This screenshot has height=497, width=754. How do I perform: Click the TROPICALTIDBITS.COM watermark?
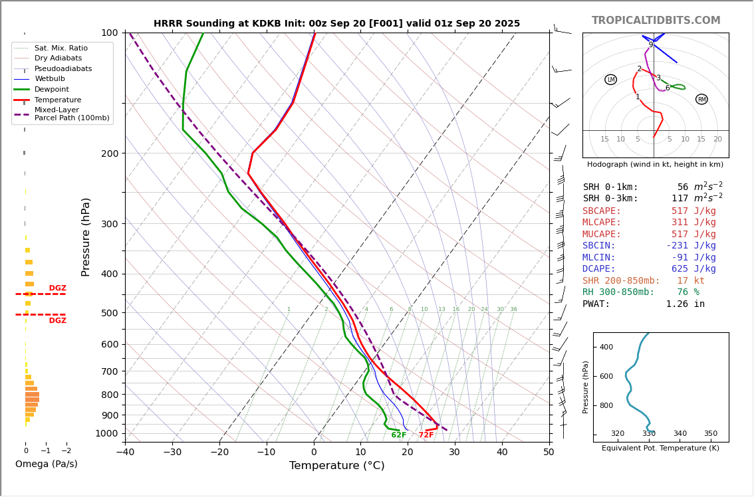pos(656,21)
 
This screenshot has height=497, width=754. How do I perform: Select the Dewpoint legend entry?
pos(52,89)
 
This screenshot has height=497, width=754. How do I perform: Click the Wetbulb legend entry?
pos(50,79)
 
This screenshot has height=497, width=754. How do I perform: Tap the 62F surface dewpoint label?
pos(399,435)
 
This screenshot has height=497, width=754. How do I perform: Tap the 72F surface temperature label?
pos(426,435)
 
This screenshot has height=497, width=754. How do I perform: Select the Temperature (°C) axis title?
pos(336,466)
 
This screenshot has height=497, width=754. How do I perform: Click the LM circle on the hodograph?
pos(610,80)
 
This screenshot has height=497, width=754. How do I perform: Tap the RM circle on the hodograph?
pos(701,100)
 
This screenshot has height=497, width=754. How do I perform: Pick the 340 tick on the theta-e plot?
pos(680,434)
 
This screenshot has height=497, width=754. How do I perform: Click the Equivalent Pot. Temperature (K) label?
pos(660,448)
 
